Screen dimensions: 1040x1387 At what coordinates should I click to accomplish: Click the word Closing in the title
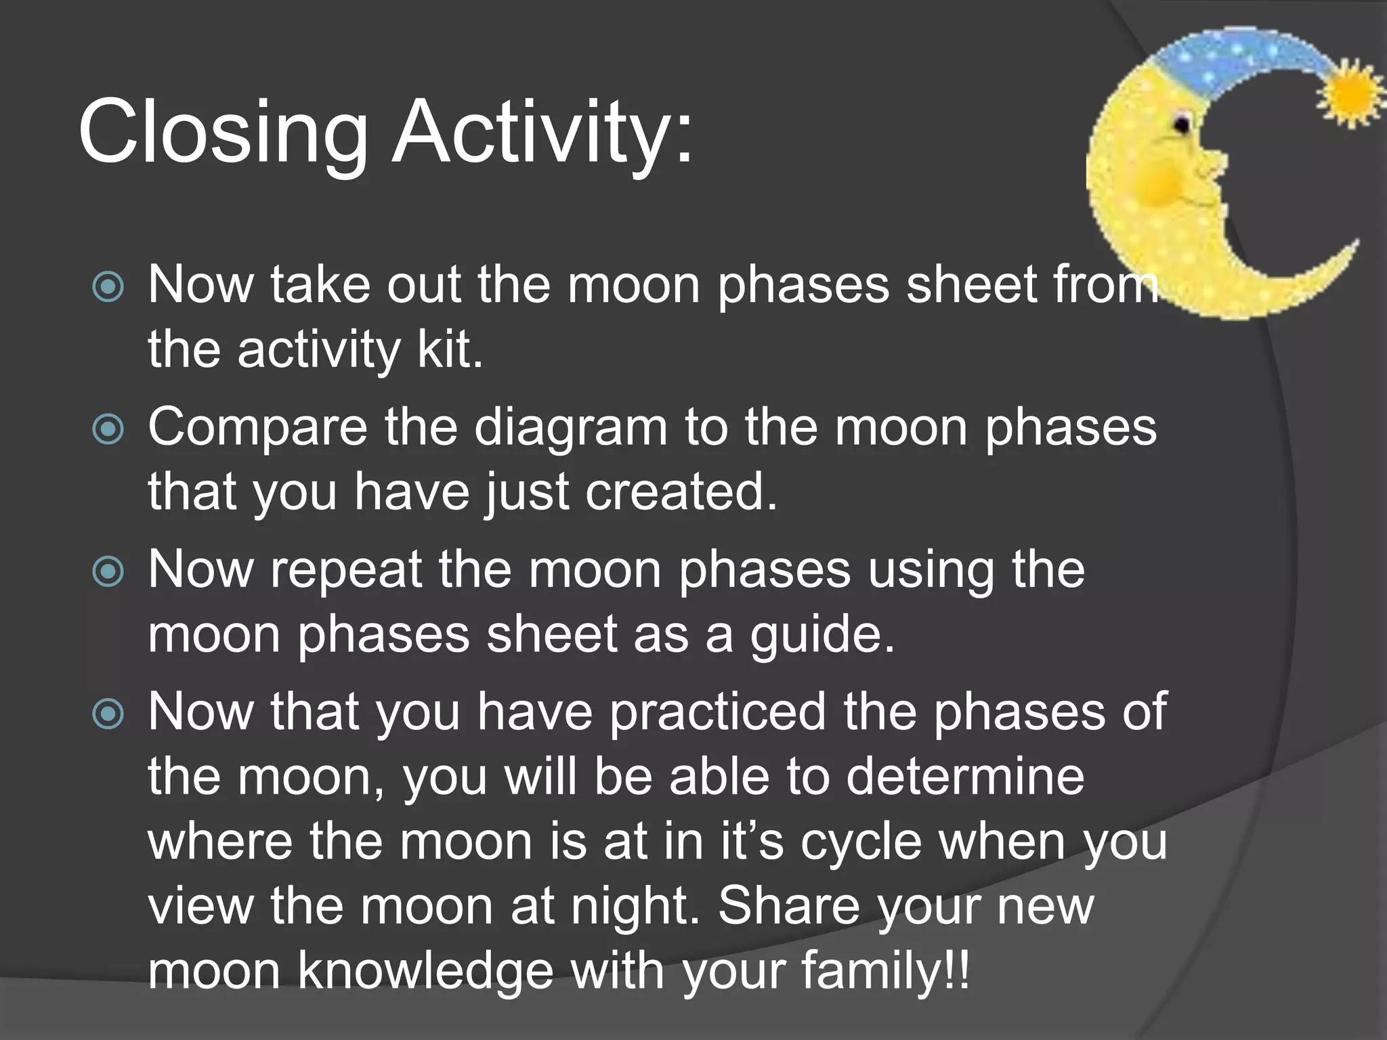(223, 132)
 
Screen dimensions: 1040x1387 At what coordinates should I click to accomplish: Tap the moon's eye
(1182, 124)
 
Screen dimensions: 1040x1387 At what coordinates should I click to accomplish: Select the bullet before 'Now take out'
(108, 287)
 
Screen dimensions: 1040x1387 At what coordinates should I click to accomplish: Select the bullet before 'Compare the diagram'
(108, 429)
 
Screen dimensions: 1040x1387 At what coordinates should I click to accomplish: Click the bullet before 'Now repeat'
(108, 572)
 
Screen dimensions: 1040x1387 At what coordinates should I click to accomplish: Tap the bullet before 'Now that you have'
(108, 714)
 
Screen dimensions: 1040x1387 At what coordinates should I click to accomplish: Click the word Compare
(257, 429)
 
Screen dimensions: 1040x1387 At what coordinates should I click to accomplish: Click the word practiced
(718, 712)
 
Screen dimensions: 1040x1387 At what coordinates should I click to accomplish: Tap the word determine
(965, 777)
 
